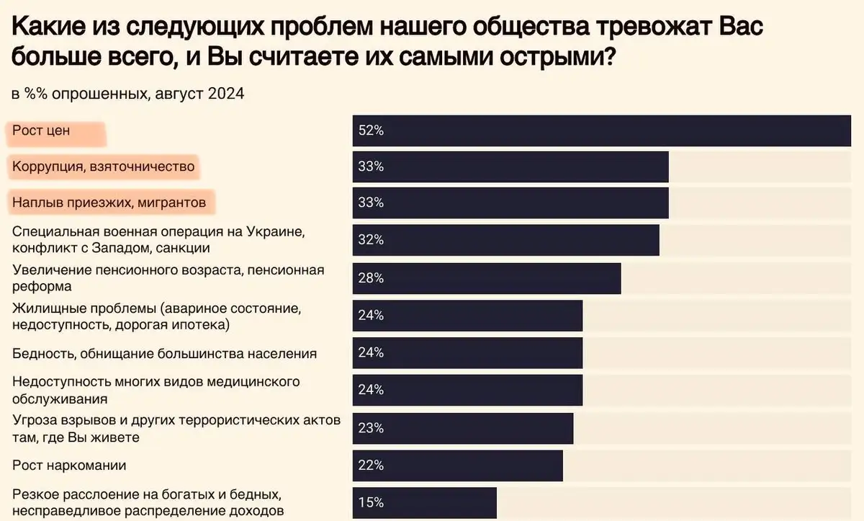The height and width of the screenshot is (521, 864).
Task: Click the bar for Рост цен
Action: (x=601, y=130)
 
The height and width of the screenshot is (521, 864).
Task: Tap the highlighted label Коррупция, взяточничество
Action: (x=104, y=167)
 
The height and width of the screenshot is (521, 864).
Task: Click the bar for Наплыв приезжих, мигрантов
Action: (x=510, y=203)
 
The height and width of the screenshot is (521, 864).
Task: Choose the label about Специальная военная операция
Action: (x=153, y=241)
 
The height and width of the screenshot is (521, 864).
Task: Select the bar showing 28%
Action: (x=486, y=278)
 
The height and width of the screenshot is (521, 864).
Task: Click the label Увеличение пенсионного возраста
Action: (x=168, y=278)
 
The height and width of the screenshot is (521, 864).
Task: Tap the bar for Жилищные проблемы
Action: (x=467, y=316)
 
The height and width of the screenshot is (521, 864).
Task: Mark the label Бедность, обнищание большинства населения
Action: (x=165, y=354)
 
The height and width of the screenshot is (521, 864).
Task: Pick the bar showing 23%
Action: (x=462, y=428)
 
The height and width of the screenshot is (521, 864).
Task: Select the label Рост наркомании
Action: (x=69, y=466)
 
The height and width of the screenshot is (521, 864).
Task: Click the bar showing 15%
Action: (x=424, y=503)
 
